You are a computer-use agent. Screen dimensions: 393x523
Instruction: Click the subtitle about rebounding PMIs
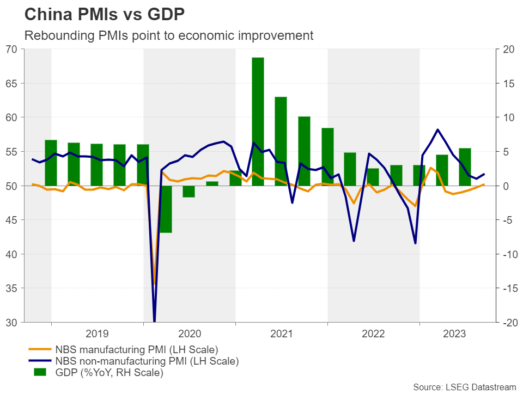pyautogui.click(x=169, y=35)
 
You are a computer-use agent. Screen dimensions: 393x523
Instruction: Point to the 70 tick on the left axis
pyautogui.click(x=11, y=49)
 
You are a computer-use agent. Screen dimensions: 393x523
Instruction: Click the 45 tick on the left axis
pyautogui.click(x=11, y=220)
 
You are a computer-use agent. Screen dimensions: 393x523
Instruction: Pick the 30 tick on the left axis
pyautogui.click(x=11, y=323)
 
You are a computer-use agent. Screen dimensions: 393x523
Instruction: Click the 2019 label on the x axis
pyautogui.click(x=98, y=333)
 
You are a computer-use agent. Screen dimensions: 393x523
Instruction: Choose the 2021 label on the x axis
pyautogui.click(x=281, y=333)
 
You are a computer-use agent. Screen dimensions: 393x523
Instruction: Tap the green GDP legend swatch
pyautogui.click(x=40, y=373)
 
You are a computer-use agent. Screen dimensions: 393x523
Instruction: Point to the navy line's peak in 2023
pyautogui.click(x=437, y=129)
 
